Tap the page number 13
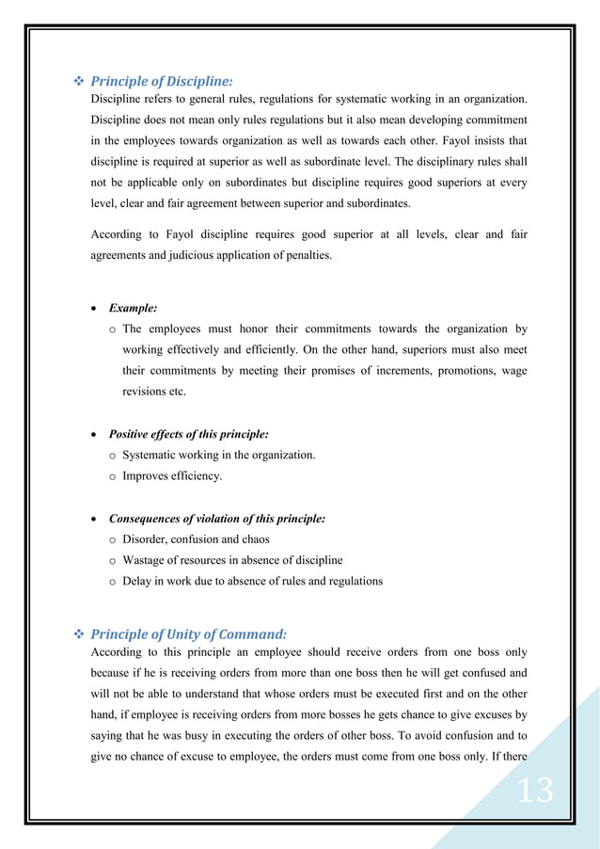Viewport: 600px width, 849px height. click(535, 790)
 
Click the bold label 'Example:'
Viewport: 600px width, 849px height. click(133, 308)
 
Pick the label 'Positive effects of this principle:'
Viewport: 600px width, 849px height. click(188, 434)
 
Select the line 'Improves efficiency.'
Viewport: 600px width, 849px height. click(172, 476)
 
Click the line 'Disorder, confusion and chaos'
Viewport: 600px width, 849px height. click(196, 539)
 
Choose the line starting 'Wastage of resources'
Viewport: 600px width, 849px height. click(232, 560)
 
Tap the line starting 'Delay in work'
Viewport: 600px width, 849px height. click(252, 581)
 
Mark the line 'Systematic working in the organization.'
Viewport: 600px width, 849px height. click(218, 456)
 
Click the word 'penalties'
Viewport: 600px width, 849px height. click(307, 254)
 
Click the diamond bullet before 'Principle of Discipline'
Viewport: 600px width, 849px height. click(78, 82)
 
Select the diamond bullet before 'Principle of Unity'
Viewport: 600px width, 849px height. click(78, 634)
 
